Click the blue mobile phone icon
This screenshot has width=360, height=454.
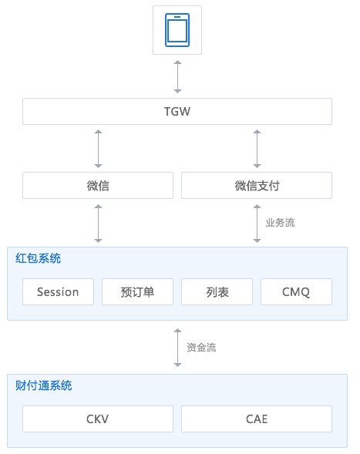177,30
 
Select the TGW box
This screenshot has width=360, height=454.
177,112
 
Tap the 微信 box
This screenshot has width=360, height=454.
98,186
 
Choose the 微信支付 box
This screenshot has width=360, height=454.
257,186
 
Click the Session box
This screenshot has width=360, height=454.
59,292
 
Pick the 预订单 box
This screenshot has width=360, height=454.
137,292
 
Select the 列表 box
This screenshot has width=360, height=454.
217,292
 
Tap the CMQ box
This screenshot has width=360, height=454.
296,292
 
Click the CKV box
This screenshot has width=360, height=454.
98,419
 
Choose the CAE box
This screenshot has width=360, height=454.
257,419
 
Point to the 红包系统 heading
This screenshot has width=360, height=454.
39,258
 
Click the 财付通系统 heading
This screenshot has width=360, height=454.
44,385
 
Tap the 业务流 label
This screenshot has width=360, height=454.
280,223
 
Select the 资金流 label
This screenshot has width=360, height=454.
201,348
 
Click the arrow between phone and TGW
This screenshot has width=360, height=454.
177,77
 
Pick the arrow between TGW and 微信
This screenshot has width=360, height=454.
98,149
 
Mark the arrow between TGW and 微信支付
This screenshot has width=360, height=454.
257,149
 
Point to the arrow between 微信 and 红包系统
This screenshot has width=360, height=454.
98,224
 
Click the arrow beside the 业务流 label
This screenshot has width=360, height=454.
257,224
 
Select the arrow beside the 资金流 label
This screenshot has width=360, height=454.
177,348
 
